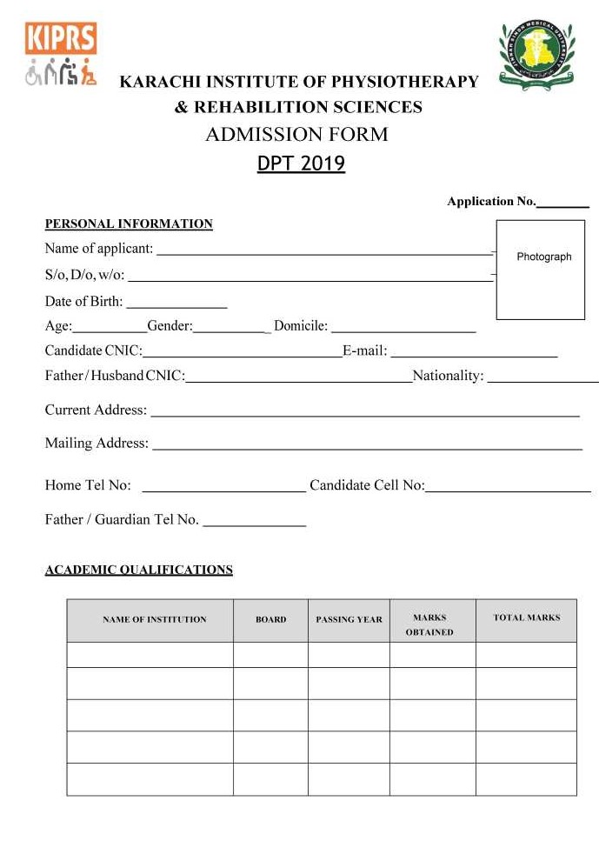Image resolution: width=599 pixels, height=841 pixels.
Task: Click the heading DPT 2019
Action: tap(301, 164)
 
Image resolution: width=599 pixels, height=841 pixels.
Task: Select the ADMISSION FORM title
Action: tap(296, 135)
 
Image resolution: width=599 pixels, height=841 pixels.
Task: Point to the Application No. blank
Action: tap(562, 203)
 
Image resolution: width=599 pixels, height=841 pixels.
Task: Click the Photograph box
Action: tap(545, 269)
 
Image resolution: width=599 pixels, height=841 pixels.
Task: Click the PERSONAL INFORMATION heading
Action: tap(129, 224)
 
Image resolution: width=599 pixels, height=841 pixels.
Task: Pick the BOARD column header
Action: tap(270, 620)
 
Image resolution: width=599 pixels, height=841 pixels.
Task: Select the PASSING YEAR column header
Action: tap(349, 620)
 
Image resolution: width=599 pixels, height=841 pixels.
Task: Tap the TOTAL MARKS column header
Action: tap(526, 618)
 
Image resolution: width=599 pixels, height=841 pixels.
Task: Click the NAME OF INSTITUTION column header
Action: tap(154, 620)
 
